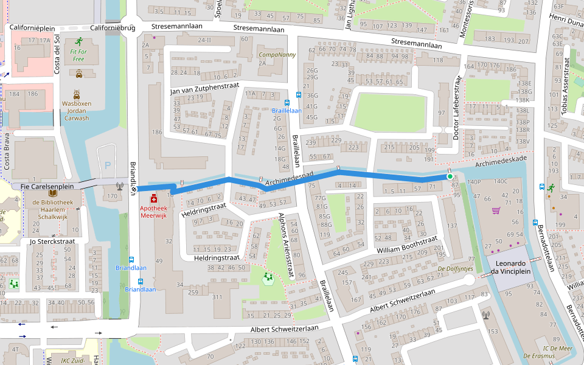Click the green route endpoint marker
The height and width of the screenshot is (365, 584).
(450, 176)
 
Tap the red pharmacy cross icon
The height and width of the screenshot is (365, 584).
(153, 198)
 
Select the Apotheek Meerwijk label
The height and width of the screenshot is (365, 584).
(153, 212)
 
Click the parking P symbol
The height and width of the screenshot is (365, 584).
(108, 165)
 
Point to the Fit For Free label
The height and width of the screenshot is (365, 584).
(78, 55)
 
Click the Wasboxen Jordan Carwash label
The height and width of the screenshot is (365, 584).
(76, 111)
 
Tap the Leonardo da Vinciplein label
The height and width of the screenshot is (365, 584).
(509, 268)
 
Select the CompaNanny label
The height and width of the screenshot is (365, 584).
(277, 55)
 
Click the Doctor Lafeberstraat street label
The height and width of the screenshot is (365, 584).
(456, 108)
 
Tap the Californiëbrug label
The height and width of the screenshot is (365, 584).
(112, 28)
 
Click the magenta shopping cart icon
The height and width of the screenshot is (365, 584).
(495, 210)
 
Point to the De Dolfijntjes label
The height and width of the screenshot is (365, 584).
(456, 268)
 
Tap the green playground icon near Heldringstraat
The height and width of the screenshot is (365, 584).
(267, 279)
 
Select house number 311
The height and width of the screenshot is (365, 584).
(217, 297)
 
